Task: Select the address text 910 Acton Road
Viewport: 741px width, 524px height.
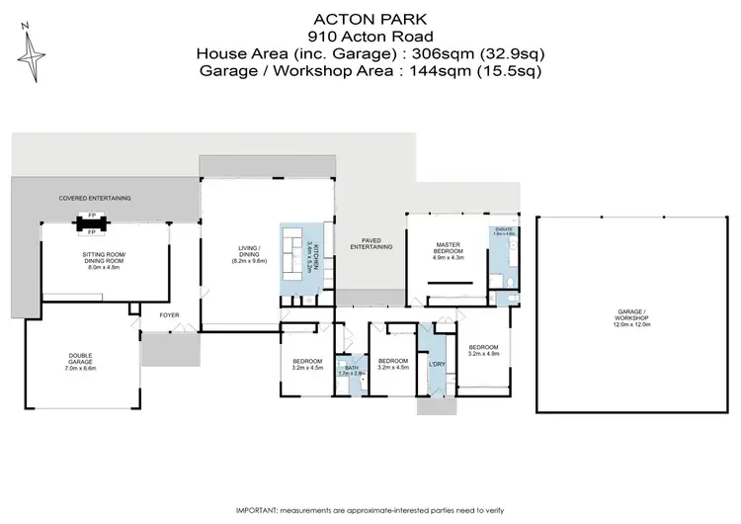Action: tap(370, 36)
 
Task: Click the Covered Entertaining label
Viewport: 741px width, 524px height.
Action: tap(95, 198)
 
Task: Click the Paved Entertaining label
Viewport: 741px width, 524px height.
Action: tap(377, 242)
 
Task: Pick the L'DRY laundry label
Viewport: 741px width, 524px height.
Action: tap(436, 365)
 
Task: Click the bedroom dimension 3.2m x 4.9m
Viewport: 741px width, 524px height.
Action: tap(483, 353)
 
